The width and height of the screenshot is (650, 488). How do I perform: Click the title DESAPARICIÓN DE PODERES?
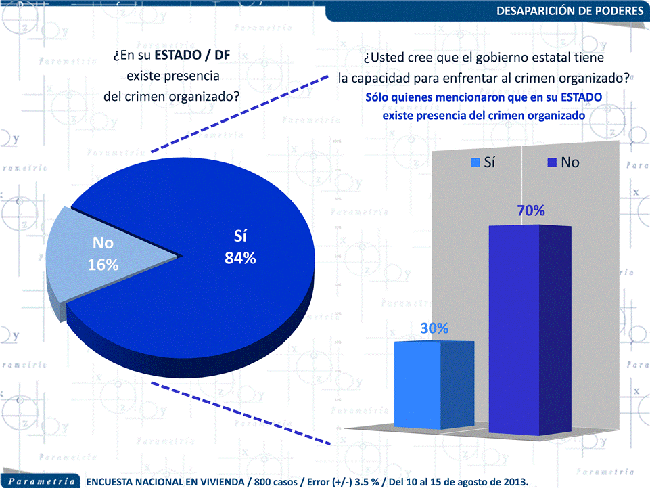[x=570, y=11]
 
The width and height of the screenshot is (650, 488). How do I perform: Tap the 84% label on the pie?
[x=240, y=258]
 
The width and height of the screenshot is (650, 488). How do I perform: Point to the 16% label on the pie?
[x=103, y=265]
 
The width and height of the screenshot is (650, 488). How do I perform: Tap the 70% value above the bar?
[x=531, y=211]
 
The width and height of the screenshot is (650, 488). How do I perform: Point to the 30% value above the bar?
[x=434, y=328]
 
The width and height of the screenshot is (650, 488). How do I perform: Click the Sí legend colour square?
[x=475, y=162]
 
